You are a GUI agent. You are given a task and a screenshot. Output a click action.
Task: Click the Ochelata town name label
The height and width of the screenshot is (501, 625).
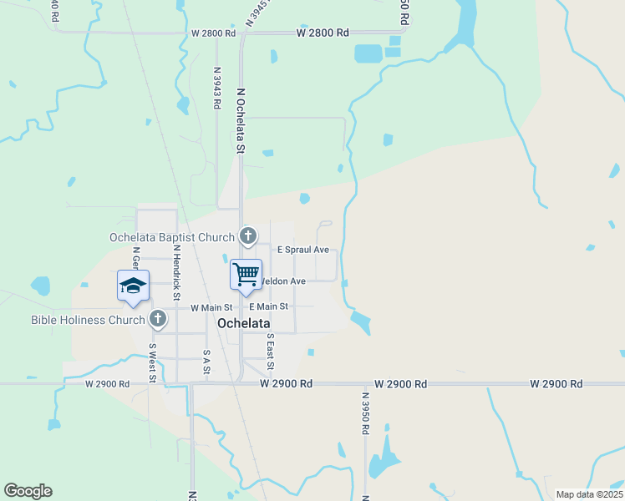[x=244, y=322]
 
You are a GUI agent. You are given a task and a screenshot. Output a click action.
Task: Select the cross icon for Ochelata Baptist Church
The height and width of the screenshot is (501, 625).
[x=248, y=237]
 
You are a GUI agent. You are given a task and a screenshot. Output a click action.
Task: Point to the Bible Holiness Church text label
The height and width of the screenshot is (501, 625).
[x=88, y=319]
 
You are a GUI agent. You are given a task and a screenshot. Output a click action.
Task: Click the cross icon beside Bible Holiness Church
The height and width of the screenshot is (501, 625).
[x=158, y=319]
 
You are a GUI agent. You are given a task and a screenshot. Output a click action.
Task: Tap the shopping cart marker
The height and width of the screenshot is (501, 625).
[x=246, y=275]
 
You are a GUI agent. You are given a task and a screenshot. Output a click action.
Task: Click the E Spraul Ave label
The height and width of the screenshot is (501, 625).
[x=303, y=250]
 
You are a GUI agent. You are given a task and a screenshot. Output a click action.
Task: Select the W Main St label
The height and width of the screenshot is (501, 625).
[x=211, y=307]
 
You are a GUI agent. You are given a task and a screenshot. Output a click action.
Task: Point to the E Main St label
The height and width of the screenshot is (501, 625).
[x=267, y=307]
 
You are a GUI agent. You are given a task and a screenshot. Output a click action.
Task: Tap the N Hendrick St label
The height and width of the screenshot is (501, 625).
[x=177, y=272]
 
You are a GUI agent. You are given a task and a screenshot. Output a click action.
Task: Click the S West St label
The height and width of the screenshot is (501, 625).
[x=153, y=362]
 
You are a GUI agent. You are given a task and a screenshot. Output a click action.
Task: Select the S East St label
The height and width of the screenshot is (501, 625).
[x=270, y=352]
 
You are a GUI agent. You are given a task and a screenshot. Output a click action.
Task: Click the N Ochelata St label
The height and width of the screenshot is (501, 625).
[x=241, y=121]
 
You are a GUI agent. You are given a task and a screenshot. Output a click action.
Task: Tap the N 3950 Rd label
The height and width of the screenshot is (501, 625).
[x=365, y=413]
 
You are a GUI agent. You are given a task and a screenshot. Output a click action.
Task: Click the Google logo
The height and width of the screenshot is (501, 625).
[x=28, y=491]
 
